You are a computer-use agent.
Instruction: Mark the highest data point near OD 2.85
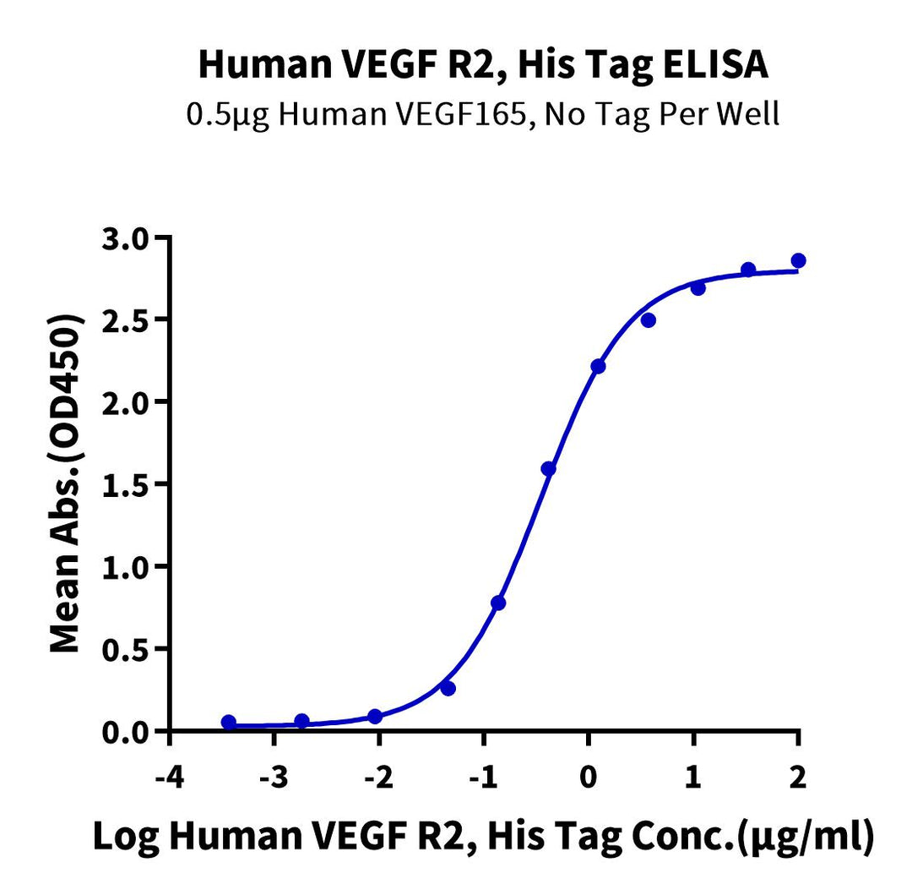click(798, 260)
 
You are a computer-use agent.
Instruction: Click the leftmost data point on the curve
click(229, 722)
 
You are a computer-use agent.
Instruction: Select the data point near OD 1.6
click(548, 468)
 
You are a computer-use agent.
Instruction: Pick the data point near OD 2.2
click(598, 366)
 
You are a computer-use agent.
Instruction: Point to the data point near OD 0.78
click(498, 603)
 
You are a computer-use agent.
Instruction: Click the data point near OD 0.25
click(448, 689)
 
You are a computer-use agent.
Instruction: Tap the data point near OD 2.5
click(648, 319)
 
